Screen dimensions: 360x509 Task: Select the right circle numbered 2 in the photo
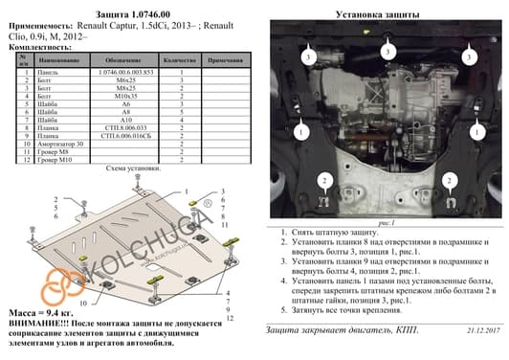coord(448,180)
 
